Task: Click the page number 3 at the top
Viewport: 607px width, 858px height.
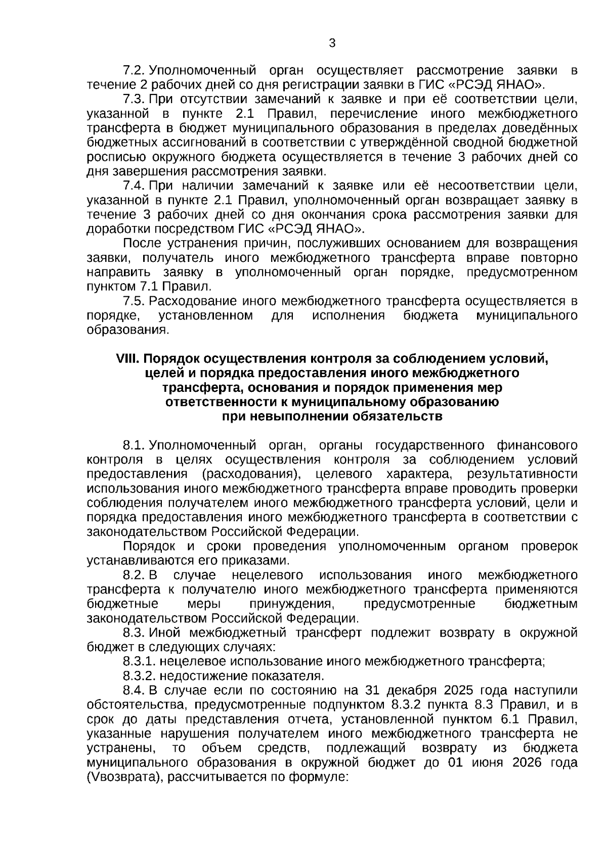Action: coord(332,43)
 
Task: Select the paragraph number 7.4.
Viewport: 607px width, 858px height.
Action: coord(134,186)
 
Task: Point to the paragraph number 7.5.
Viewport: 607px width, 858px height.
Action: coord(134,301)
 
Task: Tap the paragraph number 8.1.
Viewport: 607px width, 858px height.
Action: coord(134,445)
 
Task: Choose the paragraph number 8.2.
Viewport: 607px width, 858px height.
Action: coord(134,575)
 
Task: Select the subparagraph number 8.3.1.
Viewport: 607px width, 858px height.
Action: coord(139,661)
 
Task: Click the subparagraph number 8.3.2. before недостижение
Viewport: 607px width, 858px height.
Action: coord(139,676)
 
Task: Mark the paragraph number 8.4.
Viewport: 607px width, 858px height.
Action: coord(134,691)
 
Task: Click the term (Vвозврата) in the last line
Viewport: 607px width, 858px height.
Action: coord(125,778)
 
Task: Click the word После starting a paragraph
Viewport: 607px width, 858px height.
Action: coord(143,243)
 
